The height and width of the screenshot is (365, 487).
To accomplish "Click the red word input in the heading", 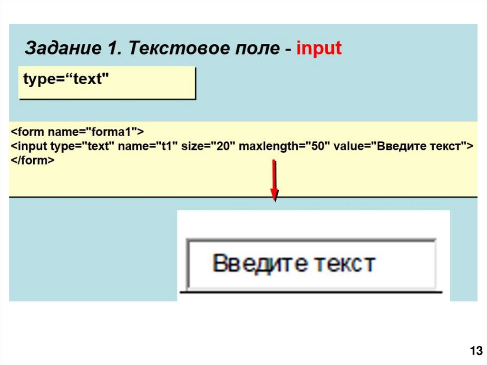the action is [319, 49].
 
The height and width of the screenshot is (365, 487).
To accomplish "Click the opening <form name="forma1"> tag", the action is [77, 130].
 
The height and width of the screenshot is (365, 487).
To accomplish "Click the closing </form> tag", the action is [32, 161].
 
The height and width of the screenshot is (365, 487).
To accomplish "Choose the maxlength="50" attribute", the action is [284, 146].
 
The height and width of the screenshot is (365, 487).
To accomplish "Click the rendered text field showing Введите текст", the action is [312, 264].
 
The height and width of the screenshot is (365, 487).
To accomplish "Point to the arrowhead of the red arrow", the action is [274, 195].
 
